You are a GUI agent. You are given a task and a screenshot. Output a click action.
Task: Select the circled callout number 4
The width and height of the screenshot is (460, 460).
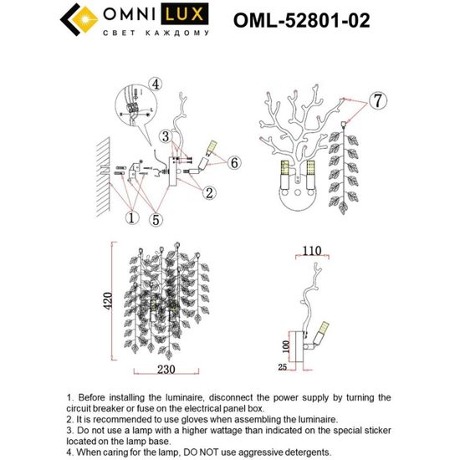[156, 83]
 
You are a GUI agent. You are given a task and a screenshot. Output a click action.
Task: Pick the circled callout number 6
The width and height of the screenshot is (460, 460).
[233, 163]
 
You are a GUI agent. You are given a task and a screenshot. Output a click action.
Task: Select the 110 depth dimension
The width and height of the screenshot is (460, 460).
[312, 249]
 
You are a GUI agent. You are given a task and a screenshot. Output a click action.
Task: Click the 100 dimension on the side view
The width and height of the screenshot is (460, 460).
[284, 346]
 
